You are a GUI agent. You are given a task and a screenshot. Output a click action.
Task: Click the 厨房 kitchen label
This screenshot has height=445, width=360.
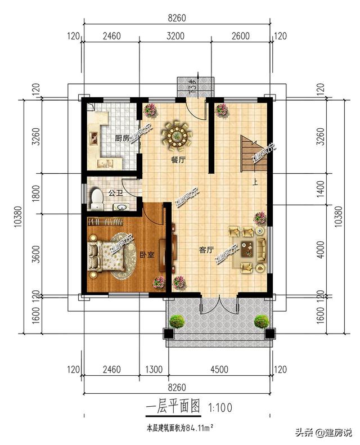coord(122,138)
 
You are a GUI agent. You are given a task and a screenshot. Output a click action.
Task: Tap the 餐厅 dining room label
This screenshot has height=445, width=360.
coord(178,159)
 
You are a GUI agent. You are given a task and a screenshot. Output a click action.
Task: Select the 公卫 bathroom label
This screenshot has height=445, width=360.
coord(115,192)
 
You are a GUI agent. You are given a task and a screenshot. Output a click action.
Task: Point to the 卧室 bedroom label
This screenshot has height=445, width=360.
coord(147,255)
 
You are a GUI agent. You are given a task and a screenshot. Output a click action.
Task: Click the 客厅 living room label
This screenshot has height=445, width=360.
coord(206,249)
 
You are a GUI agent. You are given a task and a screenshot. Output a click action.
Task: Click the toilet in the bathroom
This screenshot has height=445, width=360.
coord(97,197)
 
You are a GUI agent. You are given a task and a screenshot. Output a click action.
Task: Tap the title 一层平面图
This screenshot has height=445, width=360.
coord(173,406)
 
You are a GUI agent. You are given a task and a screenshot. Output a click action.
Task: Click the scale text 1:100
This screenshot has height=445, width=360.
coord(220,406)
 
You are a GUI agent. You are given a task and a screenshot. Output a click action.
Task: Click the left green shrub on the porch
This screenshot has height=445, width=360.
coord(177,321)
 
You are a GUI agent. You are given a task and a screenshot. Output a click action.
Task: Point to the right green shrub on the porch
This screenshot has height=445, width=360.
coord(261,321)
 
